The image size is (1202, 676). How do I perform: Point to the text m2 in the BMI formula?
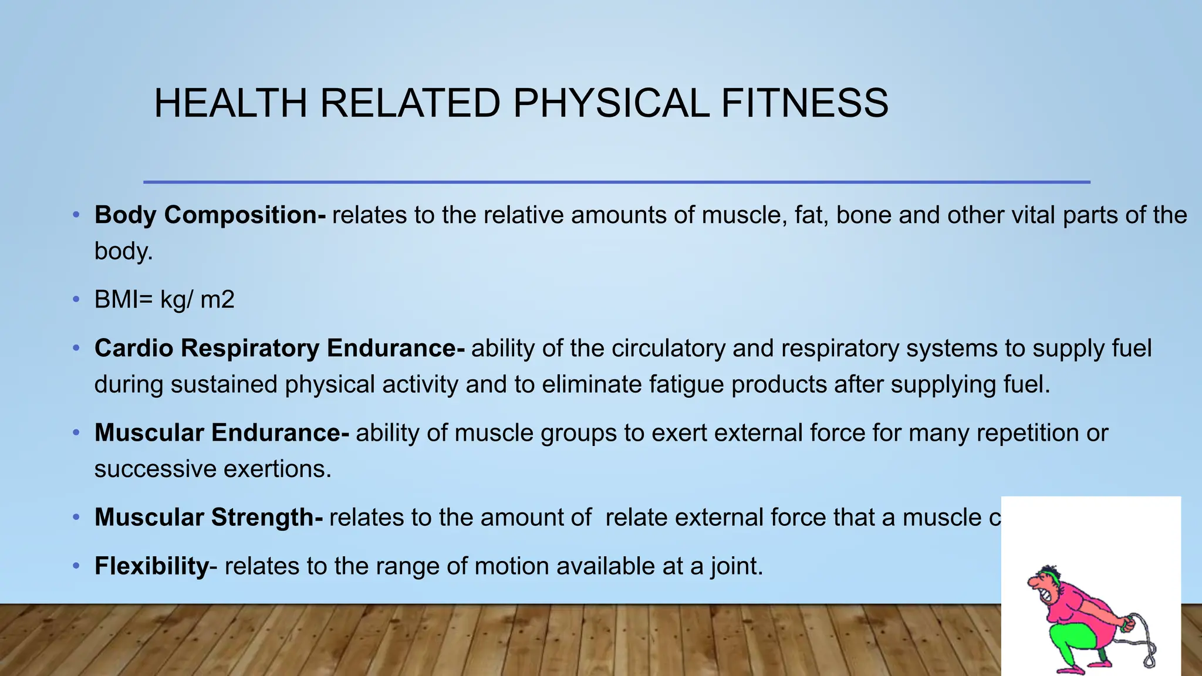coord(217,300)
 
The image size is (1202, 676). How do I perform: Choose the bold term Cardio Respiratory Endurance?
coord(279,348)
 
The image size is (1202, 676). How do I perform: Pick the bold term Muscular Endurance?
coord(222,433)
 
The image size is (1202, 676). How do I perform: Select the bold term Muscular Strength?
coord(208,518)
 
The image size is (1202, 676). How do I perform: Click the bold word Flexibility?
coord(151,566)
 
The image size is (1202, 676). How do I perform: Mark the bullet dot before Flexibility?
coord(76,566)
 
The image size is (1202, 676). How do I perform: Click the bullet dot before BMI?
coord(76,300)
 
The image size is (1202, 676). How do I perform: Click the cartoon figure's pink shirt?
coord(1086,610)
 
